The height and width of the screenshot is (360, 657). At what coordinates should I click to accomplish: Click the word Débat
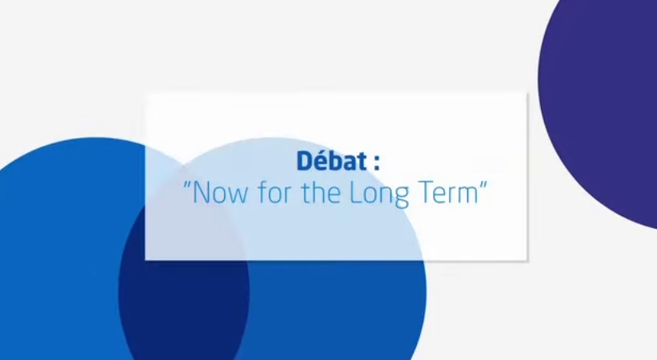point(332,161)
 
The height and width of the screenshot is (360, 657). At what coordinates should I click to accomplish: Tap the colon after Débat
point(377,162)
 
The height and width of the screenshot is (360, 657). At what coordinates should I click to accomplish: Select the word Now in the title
point(220,194)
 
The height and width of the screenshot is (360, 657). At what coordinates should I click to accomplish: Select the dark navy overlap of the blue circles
point(183,285)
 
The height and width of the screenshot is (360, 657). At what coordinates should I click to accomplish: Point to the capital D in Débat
point(306,161)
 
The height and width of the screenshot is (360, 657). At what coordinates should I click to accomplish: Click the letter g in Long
point(401,198)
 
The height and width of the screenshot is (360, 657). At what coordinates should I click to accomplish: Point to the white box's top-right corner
point(527,94)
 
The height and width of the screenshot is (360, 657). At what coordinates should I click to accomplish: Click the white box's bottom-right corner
point(527,260)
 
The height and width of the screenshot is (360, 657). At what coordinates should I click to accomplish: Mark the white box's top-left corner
point(146,94)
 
